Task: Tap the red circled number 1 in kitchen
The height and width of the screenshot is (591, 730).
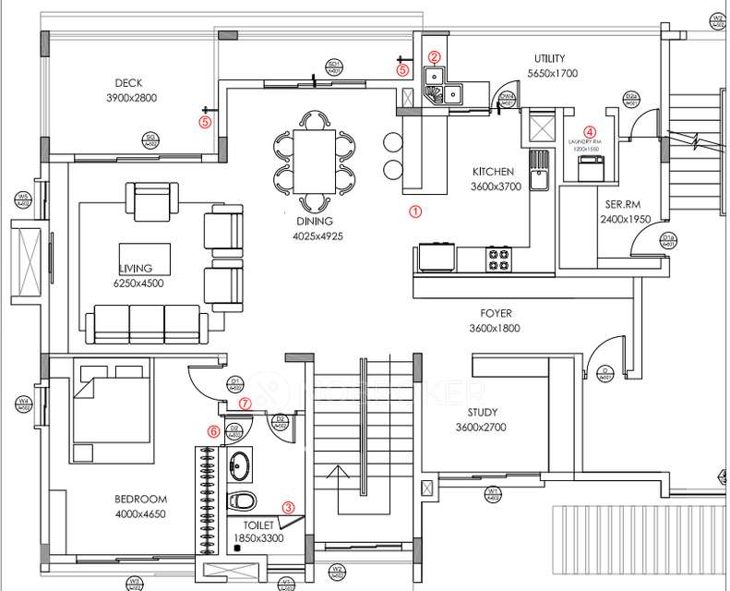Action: (415, 211)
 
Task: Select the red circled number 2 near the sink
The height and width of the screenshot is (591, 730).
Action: (435, 56)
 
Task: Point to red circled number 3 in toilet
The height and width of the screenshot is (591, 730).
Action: (289, 506)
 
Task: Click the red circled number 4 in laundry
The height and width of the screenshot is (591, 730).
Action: (589, 133)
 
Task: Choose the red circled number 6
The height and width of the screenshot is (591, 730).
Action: (213, 430)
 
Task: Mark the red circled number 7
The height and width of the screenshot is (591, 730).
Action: (245, 404)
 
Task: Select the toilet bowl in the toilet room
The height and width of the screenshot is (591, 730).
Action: (242, 501)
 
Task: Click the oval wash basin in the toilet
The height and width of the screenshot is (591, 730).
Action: (240, 465)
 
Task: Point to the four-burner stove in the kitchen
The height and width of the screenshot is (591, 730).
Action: (499, 258)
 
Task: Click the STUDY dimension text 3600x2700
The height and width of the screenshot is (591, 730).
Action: (488, 428)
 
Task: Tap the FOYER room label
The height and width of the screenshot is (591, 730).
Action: (495, 313)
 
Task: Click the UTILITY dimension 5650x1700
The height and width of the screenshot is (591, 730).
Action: (553, 73)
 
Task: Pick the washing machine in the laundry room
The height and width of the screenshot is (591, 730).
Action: (587, 167)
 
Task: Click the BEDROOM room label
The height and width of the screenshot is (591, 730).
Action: (140, 500)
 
